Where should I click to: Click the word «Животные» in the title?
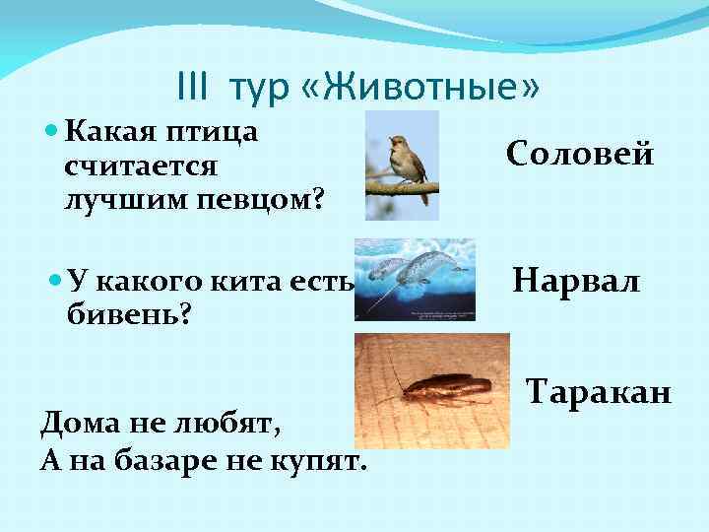[434, 88]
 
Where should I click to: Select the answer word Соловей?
[580, 154]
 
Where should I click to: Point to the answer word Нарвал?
[577, 283]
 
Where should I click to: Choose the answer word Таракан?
[599, 393]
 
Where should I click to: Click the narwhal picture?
[414, 280]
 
